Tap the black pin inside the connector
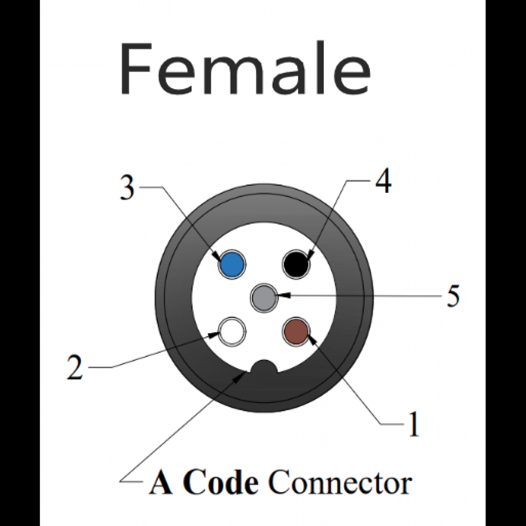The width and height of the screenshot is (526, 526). (x=296, y=265)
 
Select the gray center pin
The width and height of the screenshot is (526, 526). (x=264, y=298)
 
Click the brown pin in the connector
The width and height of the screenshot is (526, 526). (x=296, y=331)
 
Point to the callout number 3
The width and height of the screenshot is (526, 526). (x=128, y=188)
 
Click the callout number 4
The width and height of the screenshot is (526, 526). (x=383, y=181)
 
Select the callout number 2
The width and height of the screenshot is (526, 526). (x=75, y=368)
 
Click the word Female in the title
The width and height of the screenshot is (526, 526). (x=245, y=70)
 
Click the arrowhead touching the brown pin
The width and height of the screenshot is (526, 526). (x=312, y=340)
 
